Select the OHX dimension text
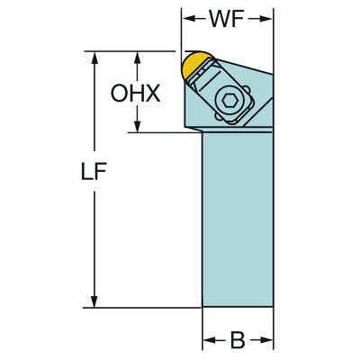coord(135,93)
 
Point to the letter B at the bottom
coord(238,340)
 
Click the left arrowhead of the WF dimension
coord(187,18)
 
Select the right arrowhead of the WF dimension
coord(268,18)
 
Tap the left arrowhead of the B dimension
coord(206,340)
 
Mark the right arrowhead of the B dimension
coord(268,340)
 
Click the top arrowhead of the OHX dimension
coord(137,57)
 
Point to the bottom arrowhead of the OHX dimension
coord(137,127)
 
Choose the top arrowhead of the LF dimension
coord(93,57)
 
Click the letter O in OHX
coord(118,93)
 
